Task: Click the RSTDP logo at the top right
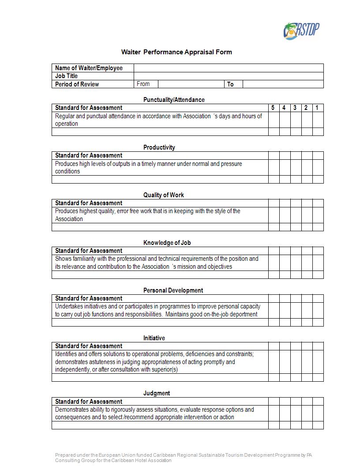301,31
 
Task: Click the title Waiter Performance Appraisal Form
176,52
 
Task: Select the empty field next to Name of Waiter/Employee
229,68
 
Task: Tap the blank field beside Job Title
229,76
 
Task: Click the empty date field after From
191,84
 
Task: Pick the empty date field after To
283,84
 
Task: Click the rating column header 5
273,108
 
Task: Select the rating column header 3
295,108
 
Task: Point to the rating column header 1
317,108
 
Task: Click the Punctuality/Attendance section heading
174,100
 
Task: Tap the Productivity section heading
159,147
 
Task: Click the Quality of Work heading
163,195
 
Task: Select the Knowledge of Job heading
167,243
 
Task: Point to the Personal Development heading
173,290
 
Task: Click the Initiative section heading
154,338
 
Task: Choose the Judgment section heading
156,393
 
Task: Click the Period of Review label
77,84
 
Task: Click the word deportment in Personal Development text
242,314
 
